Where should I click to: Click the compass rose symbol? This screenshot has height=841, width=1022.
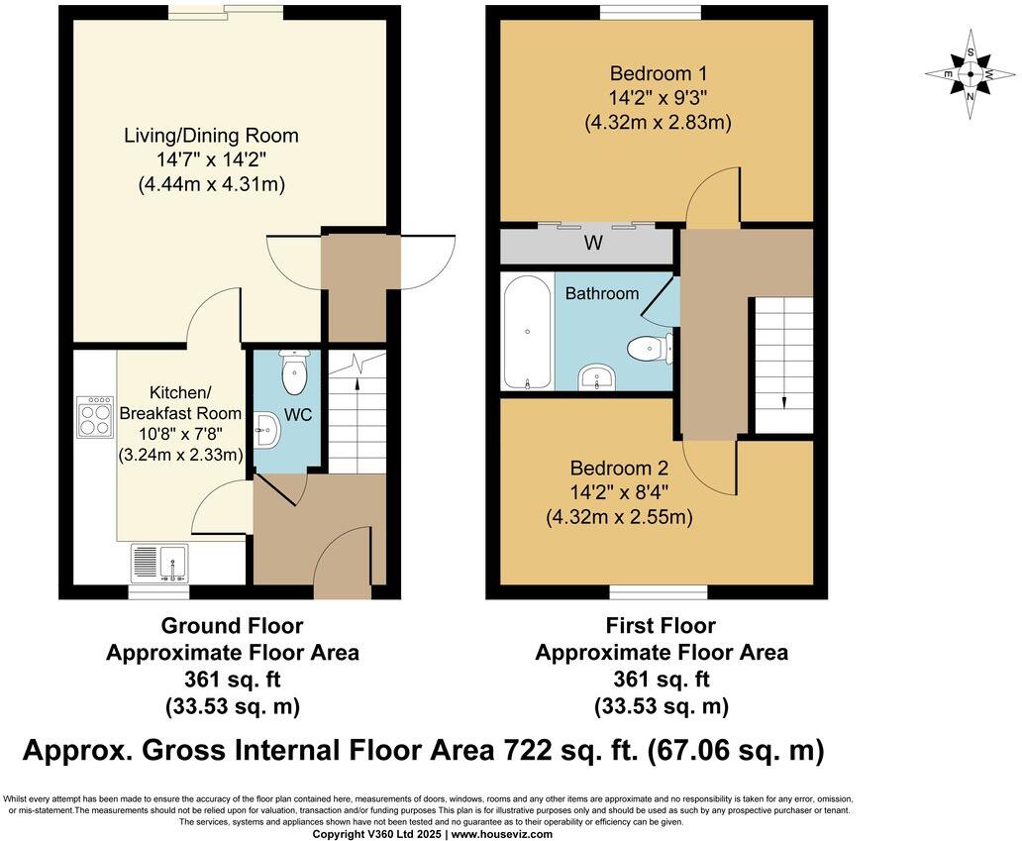(971, 74)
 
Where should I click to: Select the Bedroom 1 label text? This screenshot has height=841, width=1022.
(659, 73)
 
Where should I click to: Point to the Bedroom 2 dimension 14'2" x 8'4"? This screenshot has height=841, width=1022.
(619, 492)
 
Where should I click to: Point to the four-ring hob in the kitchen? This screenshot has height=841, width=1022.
(95, 416)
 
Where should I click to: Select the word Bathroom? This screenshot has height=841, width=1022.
(602, 294)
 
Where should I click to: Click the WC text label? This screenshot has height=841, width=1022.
(298, 415)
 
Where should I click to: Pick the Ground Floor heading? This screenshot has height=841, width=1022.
(232, 626)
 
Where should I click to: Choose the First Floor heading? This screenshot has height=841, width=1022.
(661, 626)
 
